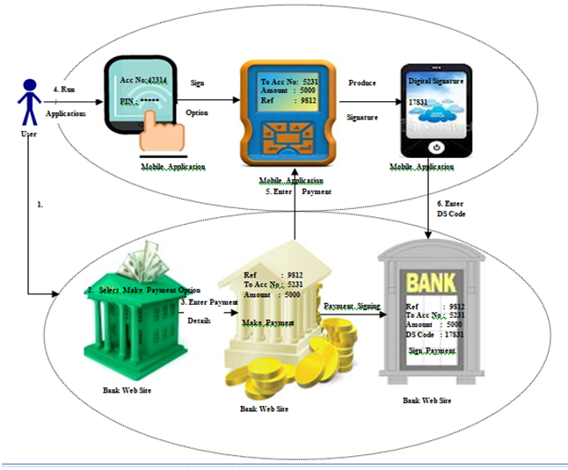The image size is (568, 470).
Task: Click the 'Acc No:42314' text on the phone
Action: [146, 82]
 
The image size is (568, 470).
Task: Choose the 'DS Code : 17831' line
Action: [434, 335]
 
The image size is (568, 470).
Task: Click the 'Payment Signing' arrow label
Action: [352, 306]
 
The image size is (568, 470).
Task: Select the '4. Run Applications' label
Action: [67, 101]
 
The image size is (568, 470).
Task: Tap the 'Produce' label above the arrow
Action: [361, 83]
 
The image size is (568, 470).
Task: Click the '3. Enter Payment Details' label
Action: [208, 310]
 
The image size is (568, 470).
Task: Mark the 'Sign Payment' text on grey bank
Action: [432, 351]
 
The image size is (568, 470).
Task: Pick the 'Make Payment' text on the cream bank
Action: [268, 322]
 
